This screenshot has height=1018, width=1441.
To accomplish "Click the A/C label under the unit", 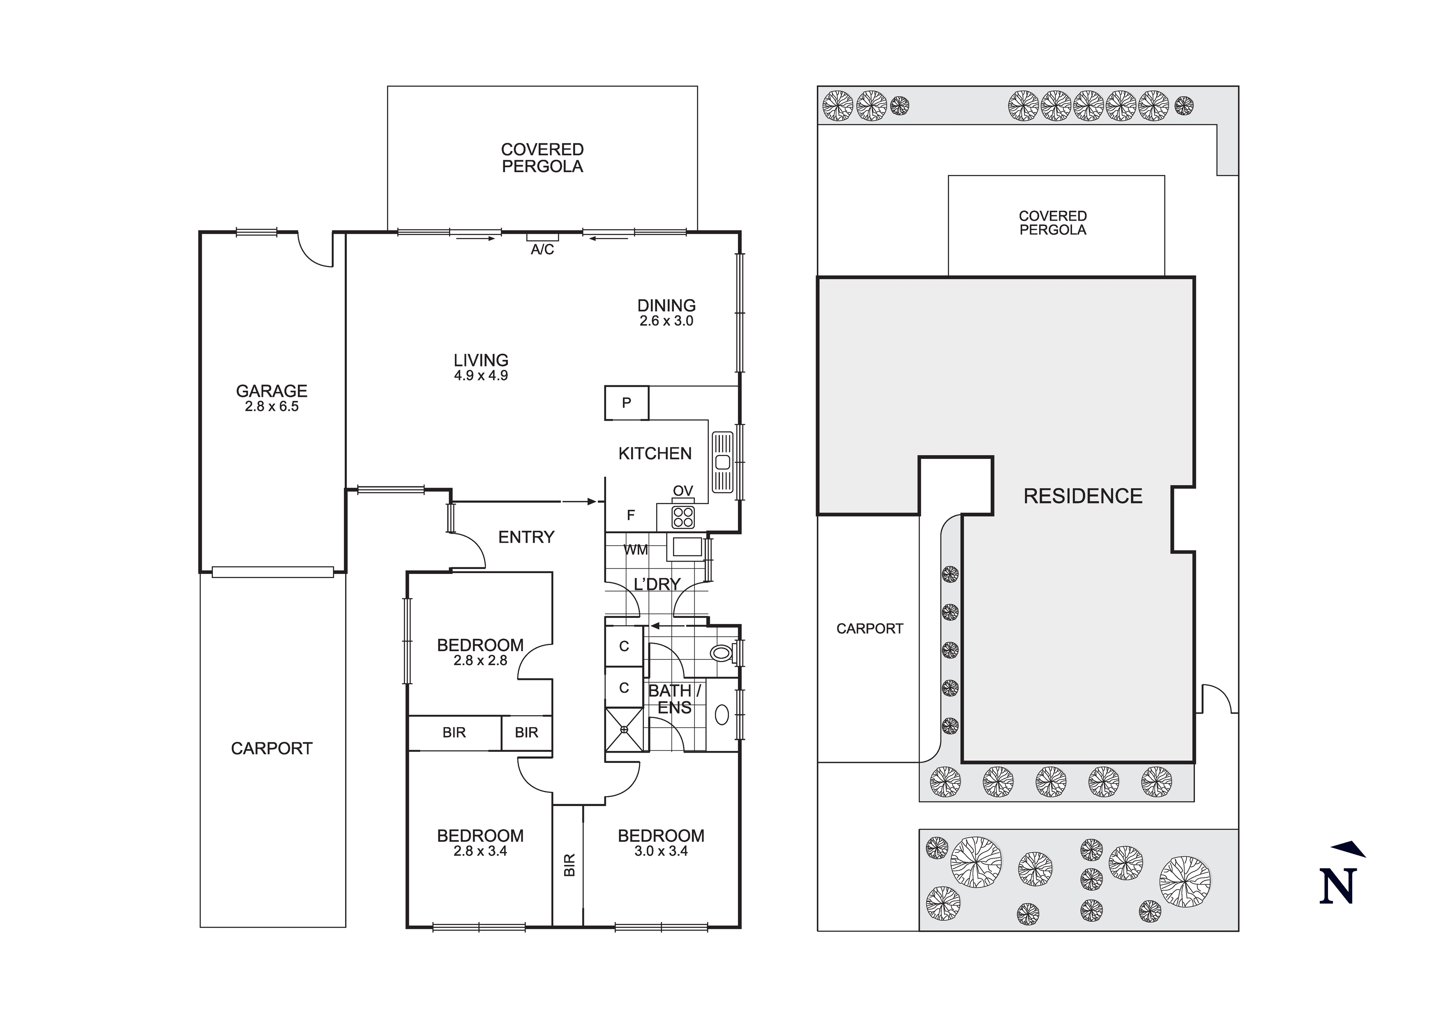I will tap(542, 250).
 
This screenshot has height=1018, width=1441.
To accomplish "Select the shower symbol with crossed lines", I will tap(624, 729).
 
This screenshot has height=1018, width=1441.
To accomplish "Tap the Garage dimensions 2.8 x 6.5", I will tap(271, 407).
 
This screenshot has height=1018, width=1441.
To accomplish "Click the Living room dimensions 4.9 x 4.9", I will tap(481, 376).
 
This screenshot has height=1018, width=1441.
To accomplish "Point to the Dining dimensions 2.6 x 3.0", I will tap(666, 321).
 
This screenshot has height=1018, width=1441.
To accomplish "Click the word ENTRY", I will tap(526, 537).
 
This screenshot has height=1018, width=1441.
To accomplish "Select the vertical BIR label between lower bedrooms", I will tap(569, 865).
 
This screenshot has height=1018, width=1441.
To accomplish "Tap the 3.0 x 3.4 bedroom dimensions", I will tap(661, 852).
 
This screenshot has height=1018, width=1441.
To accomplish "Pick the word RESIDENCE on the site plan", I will tap(1083, 496).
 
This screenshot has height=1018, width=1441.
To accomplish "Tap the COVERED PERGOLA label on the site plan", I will tap(1053, 223).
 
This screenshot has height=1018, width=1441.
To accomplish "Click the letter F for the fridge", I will tap(631, 515).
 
